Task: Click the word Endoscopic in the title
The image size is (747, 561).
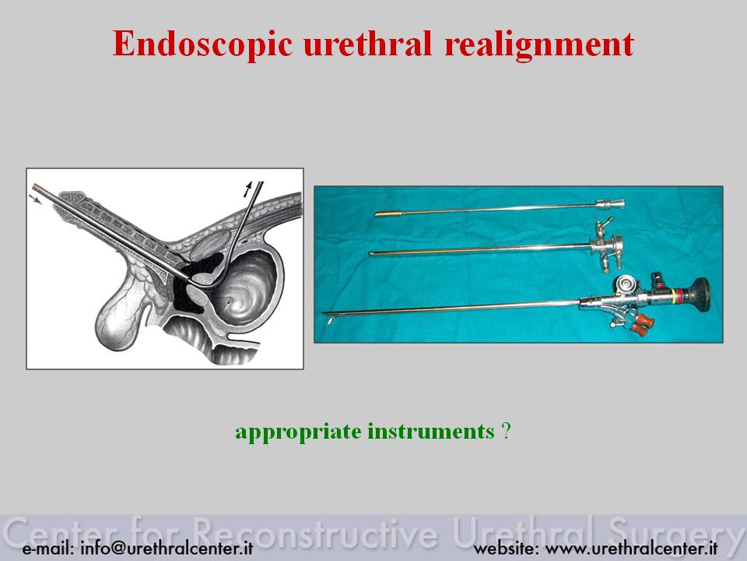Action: [202, 44]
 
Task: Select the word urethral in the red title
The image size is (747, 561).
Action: [367, 44]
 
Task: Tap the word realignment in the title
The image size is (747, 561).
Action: [538, 45]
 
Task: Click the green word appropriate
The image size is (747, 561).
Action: [298, 432]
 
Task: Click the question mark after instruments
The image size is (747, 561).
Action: [506, 431]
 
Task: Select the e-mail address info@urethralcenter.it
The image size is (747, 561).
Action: [167, 548]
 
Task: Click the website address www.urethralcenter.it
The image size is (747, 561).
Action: [631, 548]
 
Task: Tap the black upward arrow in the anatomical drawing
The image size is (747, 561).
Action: [247, 189]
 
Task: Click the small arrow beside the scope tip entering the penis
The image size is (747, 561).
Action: [35, 199]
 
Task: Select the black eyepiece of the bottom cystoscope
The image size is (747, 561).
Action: [697, 292]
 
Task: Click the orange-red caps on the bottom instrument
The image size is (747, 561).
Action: [640, 324]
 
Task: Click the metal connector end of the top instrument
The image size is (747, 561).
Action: [610, 204]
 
